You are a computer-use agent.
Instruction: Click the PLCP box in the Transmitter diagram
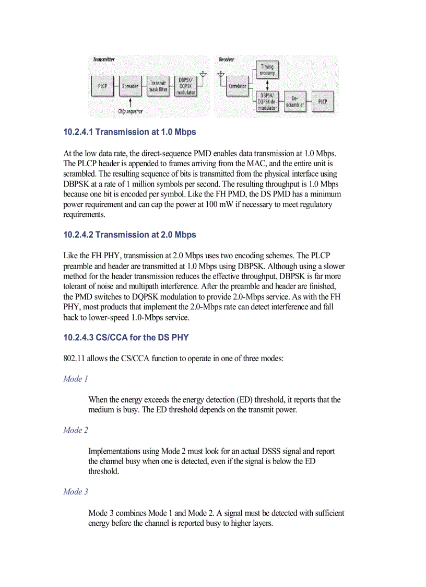[102, 86]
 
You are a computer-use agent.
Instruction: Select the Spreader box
[130, 86]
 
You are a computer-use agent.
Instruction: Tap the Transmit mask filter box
[158, 86]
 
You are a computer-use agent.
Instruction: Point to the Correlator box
[238, 86]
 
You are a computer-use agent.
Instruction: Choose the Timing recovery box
[267, 70]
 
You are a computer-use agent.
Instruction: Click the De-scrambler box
[295, 101]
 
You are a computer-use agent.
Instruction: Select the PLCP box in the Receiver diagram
[323, 101]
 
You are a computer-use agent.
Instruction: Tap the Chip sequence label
[130, 111]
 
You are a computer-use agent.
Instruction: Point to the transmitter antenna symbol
[203, 74]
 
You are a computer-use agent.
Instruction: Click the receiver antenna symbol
[220, 74]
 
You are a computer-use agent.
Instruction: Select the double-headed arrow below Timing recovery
[267, 86]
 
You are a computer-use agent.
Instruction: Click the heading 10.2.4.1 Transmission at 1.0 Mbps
[129, 132]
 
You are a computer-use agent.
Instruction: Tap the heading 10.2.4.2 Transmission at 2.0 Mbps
[129, 235]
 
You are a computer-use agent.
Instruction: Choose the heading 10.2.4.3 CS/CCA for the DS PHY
[126, 338]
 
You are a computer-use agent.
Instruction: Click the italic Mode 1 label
[76, 379]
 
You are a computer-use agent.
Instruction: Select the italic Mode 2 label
[76, 430]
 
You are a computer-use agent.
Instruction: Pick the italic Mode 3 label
[76, 491]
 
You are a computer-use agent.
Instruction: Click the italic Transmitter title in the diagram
[104, 60]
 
